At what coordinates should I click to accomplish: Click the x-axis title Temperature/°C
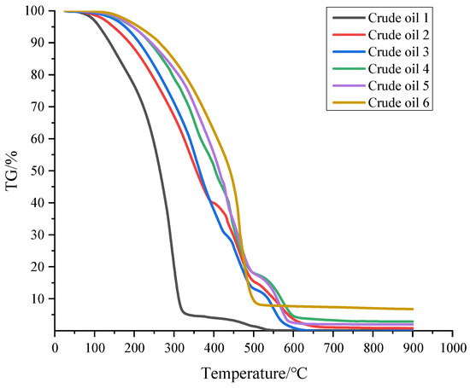(255, 374)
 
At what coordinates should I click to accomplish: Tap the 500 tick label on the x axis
(255, 347)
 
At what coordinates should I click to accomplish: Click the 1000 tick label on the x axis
(453, 347)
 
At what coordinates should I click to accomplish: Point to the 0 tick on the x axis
(56, 347)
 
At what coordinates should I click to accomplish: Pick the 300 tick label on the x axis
(175, 347)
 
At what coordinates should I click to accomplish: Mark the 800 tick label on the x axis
(373, 347)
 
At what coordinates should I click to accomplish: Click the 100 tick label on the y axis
(34, 11)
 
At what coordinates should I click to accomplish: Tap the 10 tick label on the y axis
(38, 298)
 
